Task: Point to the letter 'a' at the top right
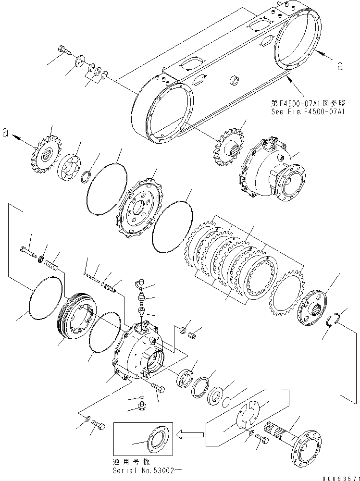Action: click(x=340, y=67)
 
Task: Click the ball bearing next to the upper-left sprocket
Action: click(x=70, y=167)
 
